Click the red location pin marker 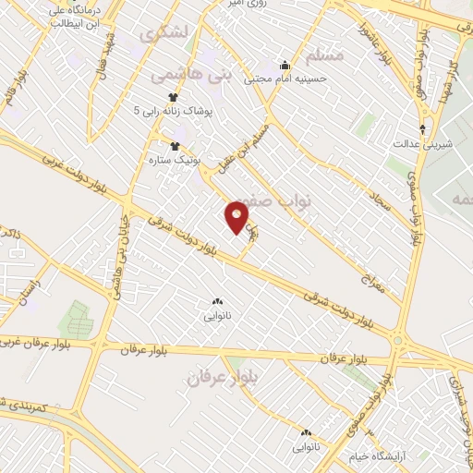point(237,217)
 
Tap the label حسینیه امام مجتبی point(285,79)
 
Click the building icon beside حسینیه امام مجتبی point(285,65)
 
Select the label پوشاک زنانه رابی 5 point(173,111)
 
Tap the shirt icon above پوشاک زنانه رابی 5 point(173,96)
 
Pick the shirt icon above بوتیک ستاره point(174,145)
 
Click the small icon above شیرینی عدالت point(422,129)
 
